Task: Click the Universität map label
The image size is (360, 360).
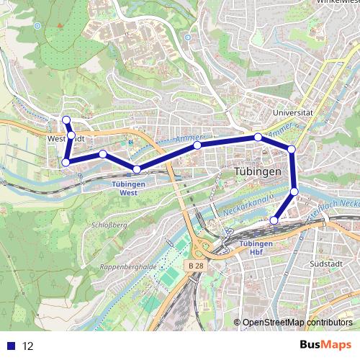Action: [x=297, y=113]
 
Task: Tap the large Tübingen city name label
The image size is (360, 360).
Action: [x=258, y=173]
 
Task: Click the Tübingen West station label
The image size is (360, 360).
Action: [x=130, y=188]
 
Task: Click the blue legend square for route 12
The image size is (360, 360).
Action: [x=11, y=346]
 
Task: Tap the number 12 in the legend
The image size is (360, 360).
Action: [x=28, y=346]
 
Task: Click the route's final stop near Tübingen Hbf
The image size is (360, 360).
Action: [x=274, y=220]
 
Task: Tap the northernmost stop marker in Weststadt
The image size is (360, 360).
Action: [x=66, y=120]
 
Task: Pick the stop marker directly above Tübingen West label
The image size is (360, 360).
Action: [x=137, y=169]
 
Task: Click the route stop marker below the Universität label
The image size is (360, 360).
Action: [x=292, y=149]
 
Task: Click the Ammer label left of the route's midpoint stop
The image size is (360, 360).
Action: [x=184, y=140]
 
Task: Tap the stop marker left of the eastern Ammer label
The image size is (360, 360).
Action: [x=258, y=137]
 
